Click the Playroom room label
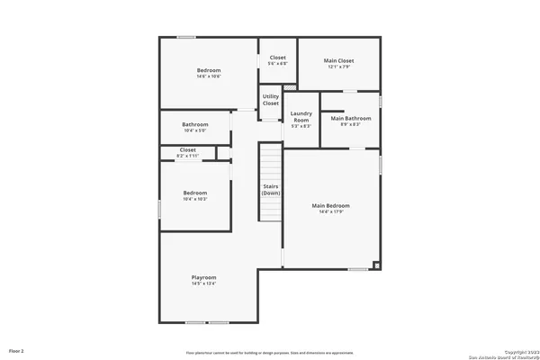[x=203, y=277]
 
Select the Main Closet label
[x=338, y=61]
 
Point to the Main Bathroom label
[x=351, y=119]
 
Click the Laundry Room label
[x=301, y=117]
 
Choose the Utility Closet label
[x=271, y=100]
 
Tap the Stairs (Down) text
[x=271, y=190]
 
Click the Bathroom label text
[x=194, y=124]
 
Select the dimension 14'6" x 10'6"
[x=209, y=76]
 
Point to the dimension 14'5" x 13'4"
[x=203, y=283]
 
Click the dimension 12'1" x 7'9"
[x=338, y=67]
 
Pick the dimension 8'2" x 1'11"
[x=187, y=157]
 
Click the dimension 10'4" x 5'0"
[x=194, y=130]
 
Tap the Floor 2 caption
[x=16, y=349]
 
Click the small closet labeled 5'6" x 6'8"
[x=278, y=60]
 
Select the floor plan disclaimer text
[x=270, y=353]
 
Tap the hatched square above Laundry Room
[x=289, y=88]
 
